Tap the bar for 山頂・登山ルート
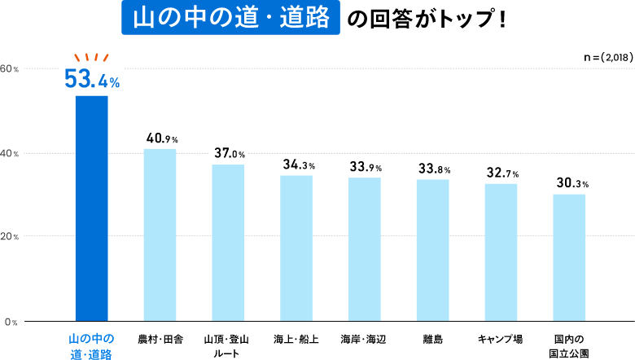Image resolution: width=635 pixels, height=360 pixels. pyautogui.click(x=228, y=243)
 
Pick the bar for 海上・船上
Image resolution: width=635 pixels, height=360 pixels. pyautogui.click(x=296, y=248)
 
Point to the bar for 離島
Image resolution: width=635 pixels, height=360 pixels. pyautogui.click(x=432, y=249)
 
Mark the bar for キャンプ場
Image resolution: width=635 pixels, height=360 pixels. pyautogui.click(x=501, y=252)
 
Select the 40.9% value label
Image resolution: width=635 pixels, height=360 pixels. pyautogui.click(x=160, y=138)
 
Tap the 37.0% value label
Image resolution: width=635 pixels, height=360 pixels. pyautogui.click(x=229, y=153)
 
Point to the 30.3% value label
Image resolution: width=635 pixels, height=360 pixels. pyautogui.click(x=570, y=183)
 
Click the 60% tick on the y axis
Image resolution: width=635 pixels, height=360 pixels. pyautogui.click(x=10, y=68)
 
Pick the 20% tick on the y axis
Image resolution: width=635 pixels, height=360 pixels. pyautogui.click(x=10, y=237)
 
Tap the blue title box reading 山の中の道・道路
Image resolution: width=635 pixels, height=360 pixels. pyautogui.click(x=230, y=19)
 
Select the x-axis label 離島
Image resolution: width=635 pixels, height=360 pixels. pyautogui.click(x=432, y=338)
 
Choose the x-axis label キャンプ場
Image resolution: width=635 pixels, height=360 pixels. pyautogui.click(x=501, y=338)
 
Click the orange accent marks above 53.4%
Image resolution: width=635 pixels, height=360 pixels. pyautogui.click(x=91, y=57)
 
